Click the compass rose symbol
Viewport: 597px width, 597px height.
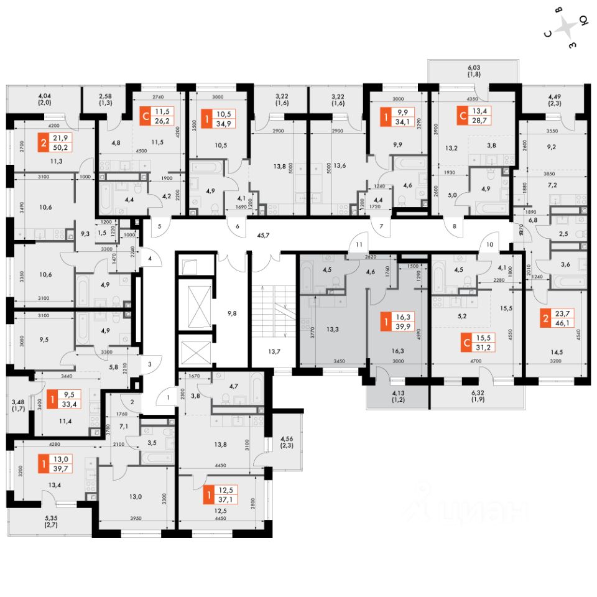point(566,28)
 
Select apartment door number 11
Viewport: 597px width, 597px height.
point(359,245)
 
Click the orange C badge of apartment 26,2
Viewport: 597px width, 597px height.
point(146,116)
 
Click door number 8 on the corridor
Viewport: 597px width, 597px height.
point(455,227)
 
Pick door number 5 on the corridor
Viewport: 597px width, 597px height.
point(160,226)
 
